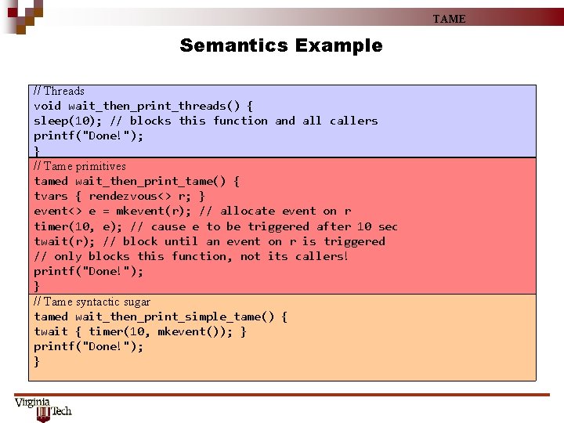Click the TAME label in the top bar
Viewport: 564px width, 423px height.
(x=449, y=19)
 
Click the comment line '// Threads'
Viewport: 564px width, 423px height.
(x=59, y=91)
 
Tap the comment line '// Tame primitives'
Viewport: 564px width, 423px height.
(x=79, y=166)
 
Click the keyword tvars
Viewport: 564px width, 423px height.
(x=51, y=196)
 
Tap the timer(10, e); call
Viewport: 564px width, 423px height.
(x=74, y=226)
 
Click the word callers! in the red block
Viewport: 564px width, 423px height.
(x=321, y=256)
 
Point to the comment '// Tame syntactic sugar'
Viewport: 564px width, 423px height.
(x=92, y=302)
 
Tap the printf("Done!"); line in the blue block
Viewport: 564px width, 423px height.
(x=89, y=136)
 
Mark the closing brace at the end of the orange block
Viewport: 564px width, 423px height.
(x=37, y=361)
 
